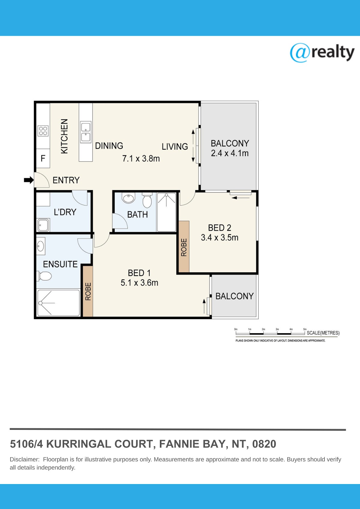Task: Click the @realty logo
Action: click(x=322, y=53)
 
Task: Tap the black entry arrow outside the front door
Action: click(x=29, y=180)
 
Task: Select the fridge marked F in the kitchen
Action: click(x=43, y=158)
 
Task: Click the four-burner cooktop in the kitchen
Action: click(x=43, y=131)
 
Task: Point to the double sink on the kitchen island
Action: click(x=86, y=132)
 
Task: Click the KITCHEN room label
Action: click(x=64, y=136)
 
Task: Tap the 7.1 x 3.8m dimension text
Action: click(x=141, y=158)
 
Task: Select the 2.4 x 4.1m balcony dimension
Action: click(x=230, y=153)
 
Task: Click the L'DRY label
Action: click(x=65, y=212)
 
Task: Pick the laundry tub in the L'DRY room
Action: click(x=43, y=225)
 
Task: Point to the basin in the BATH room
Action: click(x=129, y=198)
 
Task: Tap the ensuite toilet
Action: click(x=45, y=276)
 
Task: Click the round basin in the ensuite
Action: click(x=41, y=246)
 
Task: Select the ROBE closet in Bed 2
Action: click(x=184, y=246)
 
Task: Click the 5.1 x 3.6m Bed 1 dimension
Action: click(x=139, y=283)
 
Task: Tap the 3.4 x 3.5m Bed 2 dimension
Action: click(x=220, y=238)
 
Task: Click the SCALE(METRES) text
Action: click(x=323, y=333)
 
